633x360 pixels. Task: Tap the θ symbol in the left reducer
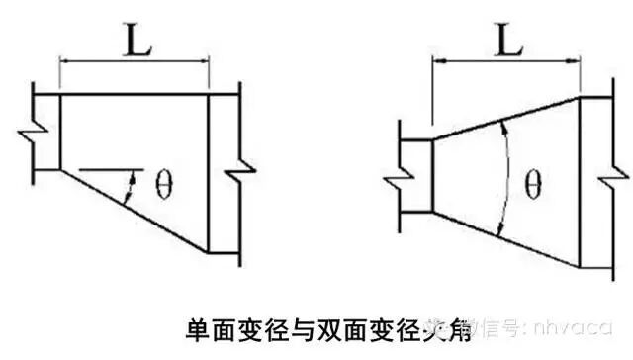(x=164, y=185)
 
